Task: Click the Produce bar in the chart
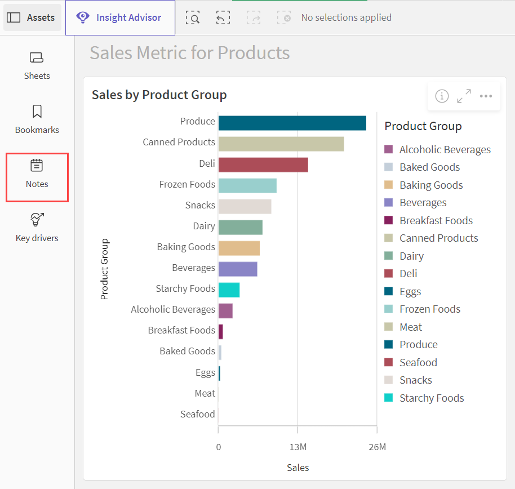click(x=292, y=123)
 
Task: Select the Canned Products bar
click(x=281, y=144)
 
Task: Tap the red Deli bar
click(x=263, y=165)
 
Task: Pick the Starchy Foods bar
click(x=229, y=290)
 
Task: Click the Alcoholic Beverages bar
click(x=225, y=310)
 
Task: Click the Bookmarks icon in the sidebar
click(x=37, y=112)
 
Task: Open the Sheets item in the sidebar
click(x=37, y=66)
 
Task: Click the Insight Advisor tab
click(x=120, y=17)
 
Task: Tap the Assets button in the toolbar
click(x=32, y=17)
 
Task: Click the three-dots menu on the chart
click(x=486, y=96)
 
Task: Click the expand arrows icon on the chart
click(x=464, y=96)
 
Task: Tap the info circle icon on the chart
click(x=442, y=96)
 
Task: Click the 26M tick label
click(x=378, y=447)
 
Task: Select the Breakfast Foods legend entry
click(x=428, y=220)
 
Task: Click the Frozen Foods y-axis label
click(x=187, y=184)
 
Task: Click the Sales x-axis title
click(x=298, y=468)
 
